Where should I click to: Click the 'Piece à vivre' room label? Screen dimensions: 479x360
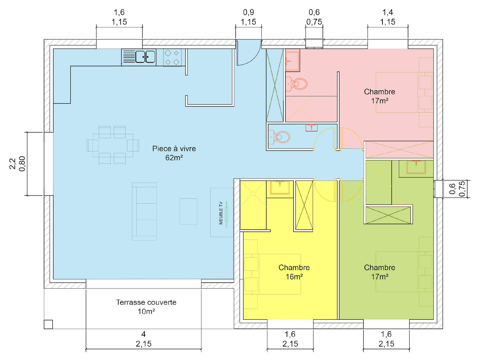click(174, 149)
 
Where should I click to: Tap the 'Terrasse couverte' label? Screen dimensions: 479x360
click(146, 302)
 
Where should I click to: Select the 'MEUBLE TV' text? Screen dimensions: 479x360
click(221, 213)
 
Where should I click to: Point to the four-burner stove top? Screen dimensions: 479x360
click(172, 57)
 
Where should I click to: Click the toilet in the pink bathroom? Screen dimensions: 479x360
click(296, 84)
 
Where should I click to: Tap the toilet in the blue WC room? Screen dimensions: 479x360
click(279, 137)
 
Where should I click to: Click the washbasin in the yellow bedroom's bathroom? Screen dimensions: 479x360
click(280, 187)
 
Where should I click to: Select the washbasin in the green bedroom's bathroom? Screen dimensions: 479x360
click(416, 167)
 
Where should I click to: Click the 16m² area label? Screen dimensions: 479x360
click(294, 277)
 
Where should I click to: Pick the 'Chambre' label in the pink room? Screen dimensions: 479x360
click(379, 92)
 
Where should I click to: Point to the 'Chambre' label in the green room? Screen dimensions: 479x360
click(379, 268)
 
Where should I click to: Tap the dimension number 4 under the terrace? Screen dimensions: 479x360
click(143, 334)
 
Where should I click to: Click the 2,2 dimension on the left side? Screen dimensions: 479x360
click(13, 164)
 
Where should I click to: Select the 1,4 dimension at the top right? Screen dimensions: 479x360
click(388, 12)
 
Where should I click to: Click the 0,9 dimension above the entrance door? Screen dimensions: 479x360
click(248, 12)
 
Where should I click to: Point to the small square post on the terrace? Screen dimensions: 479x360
click(48, 324)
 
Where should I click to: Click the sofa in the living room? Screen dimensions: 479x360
click(144, 211)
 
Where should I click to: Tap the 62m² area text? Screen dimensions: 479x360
click(174, 158)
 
